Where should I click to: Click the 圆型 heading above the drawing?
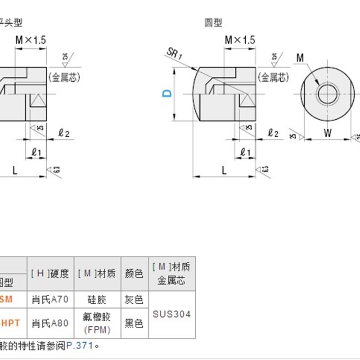(x=213, y=22)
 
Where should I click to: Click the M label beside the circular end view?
(x=301, y=57)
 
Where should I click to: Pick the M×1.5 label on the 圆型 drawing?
(x=240, y=40)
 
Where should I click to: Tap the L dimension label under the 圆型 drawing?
(x=224, y=170)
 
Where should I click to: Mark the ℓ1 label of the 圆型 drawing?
(x=246, y=152)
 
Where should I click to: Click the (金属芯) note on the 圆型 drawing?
(x=273, y=77)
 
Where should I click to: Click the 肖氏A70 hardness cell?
(x=50, y=299)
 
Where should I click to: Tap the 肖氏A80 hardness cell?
(x=50, y=323)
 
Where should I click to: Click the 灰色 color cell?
(x=133, y=299)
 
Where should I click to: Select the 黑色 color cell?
(x=133, y=323)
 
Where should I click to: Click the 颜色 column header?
(x=133, y=273)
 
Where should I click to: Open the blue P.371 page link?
(x=80, y=346)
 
